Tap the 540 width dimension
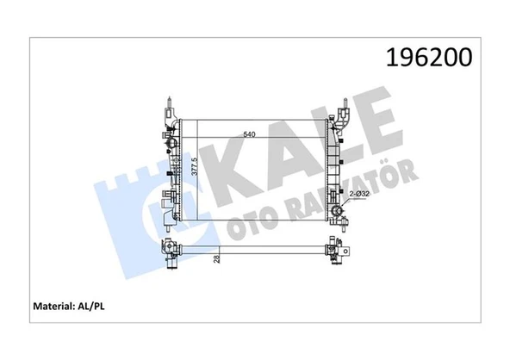click(x=251, y=134)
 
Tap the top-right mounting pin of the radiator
click(x=344, y=107)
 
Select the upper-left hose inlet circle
click(x=167, y=138)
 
